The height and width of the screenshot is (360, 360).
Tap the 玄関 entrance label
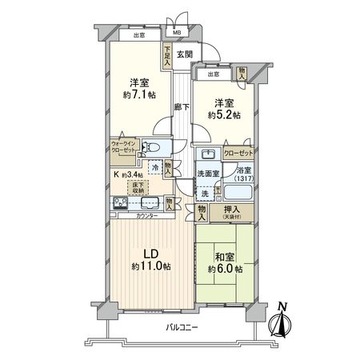click(x=185, y=54)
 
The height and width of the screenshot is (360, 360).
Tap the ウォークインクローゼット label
click(x=129, y=149)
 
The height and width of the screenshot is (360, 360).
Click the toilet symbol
click(x=157, y=149)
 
